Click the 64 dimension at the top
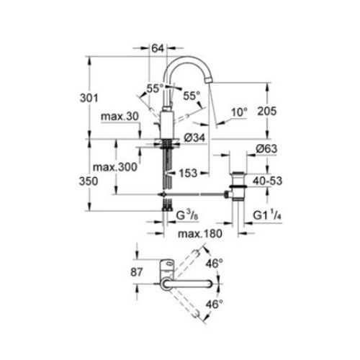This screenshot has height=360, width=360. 158,48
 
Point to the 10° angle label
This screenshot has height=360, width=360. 239,112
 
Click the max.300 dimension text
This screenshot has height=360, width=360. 116,168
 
